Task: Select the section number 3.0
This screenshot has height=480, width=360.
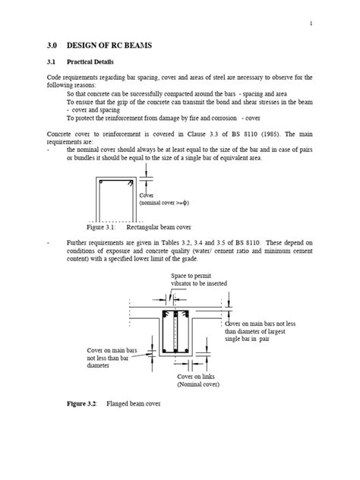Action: (x=54, y=46)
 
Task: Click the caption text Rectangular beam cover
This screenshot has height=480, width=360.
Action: (x=161, y=227)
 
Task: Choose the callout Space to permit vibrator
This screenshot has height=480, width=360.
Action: (x=195, y=278)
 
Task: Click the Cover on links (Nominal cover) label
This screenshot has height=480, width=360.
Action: (x=198, y=381)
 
